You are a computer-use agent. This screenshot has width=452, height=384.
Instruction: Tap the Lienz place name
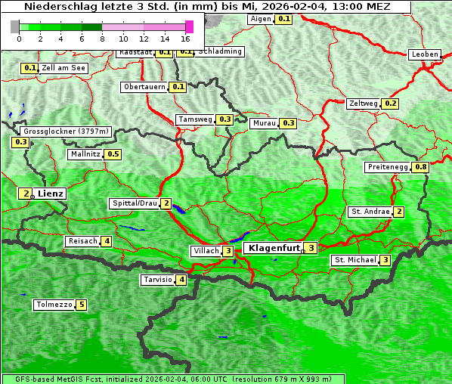[x=51, y=194]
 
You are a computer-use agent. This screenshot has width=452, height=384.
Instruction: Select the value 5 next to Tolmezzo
[x=81, y=305]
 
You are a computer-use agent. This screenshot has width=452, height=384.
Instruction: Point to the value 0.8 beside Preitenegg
[x=420, y=167]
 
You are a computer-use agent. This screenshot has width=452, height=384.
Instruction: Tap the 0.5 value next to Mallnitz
[x=113, y=154]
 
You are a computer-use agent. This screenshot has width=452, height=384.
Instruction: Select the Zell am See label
[x=64, y=68]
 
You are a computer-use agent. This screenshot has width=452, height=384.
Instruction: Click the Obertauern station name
[x=144, y=87]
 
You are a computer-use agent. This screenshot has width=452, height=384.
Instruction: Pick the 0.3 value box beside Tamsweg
[x=224, y=119]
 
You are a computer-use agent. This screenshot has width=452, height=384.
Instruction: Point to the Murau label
[x=265, y=122]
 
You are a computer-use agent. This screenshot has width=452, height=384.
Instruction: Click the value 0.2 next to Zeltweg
[x=390, y=104]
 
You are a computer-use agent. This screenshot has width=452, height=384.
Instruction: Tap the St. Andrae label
[x=370, y=212]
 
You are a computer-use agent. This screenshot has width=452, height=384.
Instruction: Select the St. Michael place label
[x=355, y=260]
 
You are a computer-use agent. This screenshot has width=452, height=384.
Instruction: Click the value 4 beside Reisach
[x=107, y=242]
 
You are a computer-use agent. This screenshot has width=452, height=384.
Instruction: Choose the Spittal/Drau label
[x=135, y=203]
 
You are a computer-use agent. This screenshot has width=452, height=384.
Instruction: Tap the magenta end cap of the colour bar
[x=189, y=26]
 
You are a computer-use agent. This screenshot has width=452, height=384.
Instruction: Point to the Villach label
[x=206, y=251]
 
